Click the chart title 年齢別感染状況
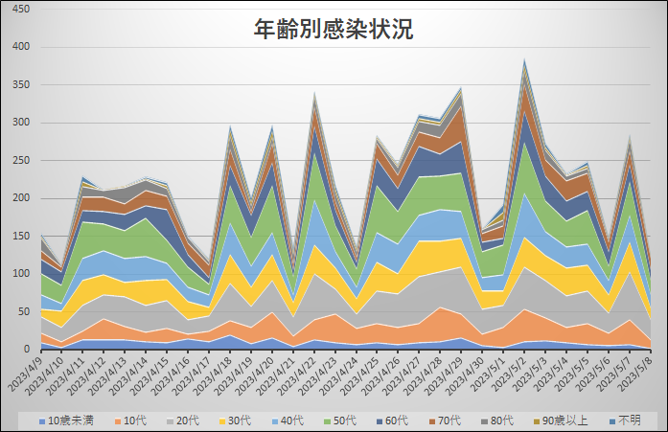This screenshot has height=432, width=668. click(334, 30)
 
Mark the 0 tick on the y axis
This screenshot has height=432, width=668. click(28, 349)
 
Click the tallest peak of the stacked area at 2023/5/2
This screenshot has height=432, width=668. click(524, 60)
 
